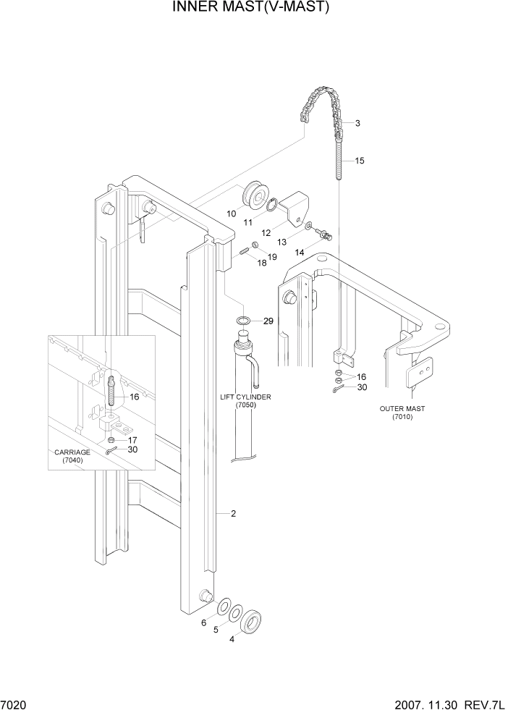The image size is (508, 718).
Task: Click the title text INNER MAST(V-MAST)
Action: (x=251, y=8)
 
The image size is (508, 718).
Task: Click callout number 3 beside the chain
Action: (x=357, y=123)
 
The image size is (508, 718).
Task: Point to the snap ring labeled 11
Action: (x=273, y=206)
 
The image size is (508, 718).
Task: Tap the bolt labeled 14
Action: (x=326, y=234)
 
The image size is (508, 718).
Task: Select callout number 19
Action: (x=272, y=257)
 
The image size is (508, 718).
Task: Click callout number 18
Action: (x=262, y=263)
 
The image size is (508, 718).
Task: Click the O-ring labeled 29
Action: (x=243, y=320)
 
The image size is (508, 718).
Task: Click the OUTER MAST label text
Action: (x=402, y=413)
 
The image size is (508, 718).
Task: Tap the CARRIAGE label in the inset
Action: (x=72, y=456)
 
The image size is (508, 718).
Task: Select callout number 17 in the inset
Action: (x=132, y=439)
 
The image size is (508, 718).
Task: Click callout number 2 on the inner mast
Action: (x=233, y=514)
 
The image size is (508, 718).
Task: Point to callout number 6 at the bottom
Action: (x=203, y=623)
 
